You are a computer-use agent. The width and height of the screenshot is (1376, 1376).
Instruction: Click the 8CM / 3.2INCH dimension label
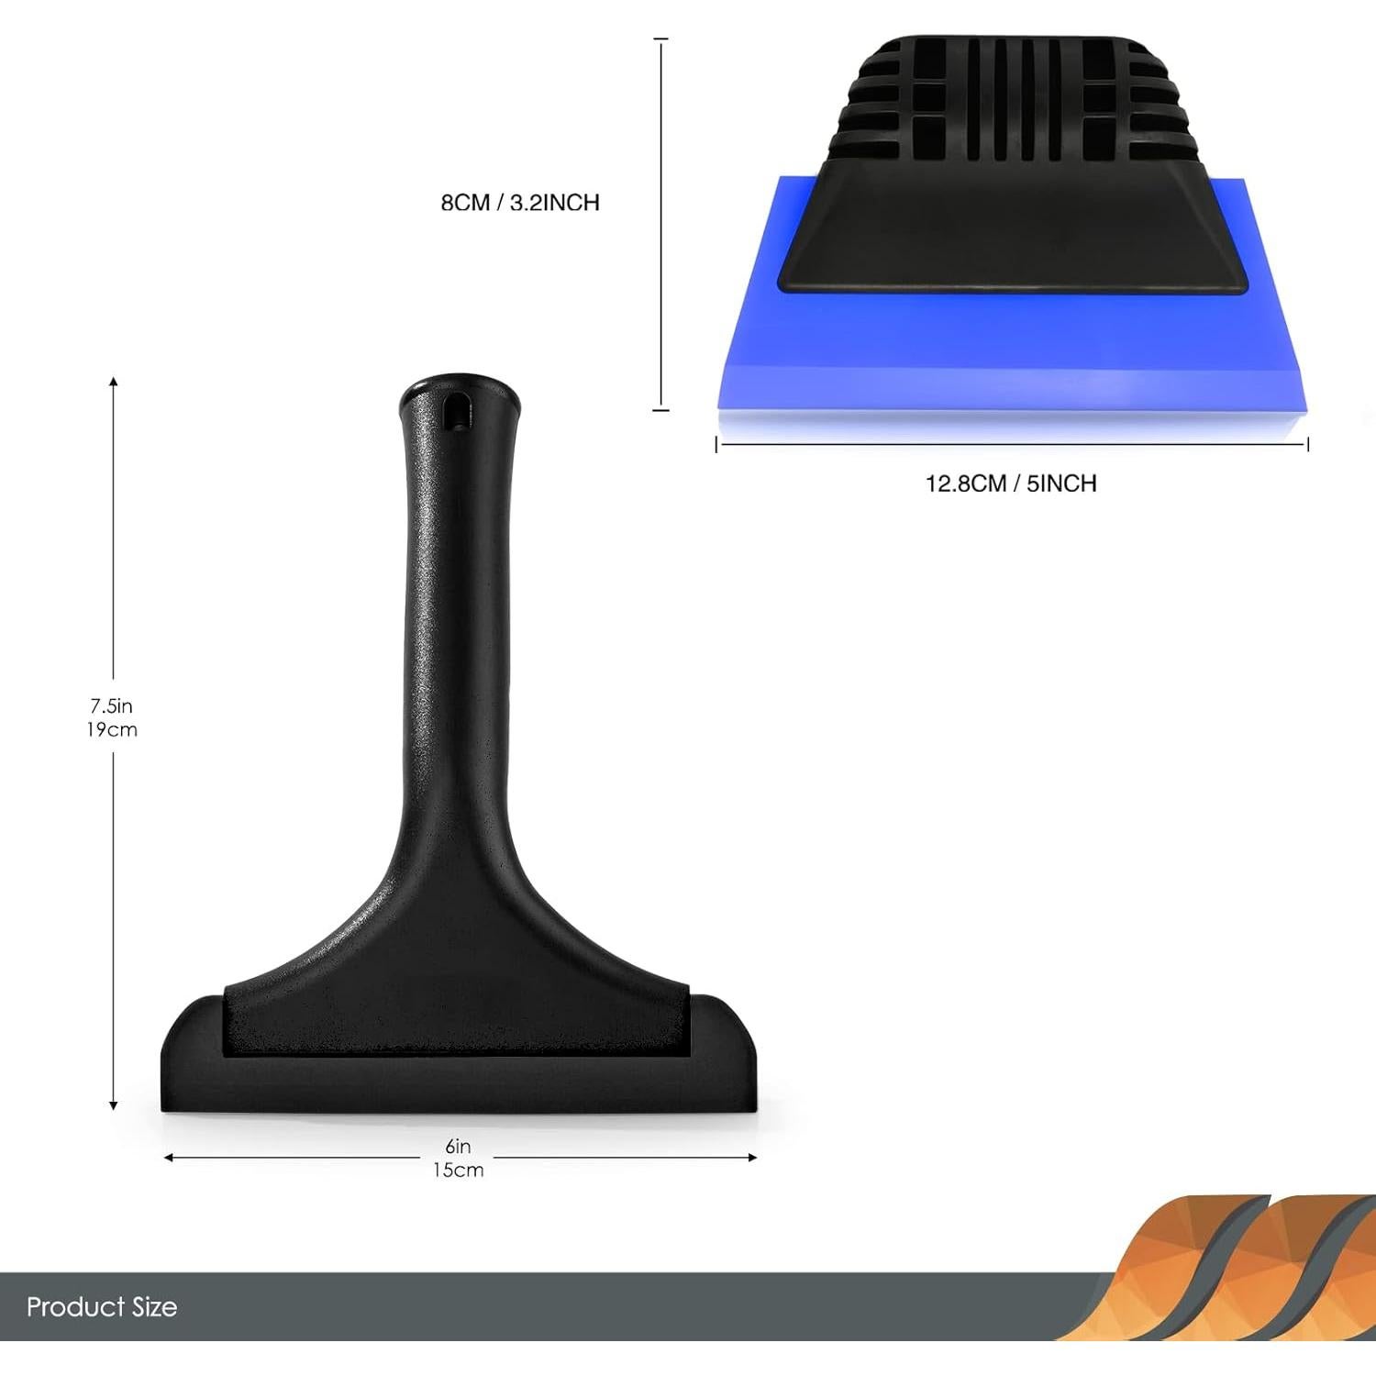(520, 203)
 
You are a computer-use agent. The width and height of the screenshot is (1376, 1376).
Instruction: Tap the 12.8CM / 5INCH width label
(1011, 483)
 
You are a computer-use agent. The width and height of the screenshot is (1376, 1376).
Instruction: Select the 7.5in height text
(112, 705)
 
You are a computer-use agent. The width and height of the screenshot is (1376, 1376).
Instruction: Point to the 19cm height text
(112, 730)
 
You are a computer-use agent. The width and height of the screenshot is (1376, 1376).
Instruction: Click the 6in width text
(458, 1146)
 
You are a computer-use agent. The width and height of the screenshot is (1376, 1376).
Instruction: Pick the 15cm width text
(458, 1170)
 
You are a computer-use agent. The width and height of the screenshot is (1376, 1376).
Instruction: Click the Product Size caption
(102, 1306)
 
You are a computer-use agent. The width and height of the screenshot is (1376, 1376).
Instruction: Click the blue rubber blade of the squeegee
(1009, 358)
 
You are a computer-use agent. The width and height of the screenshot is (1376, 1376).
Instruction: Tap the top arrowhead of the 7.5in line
(114, 381)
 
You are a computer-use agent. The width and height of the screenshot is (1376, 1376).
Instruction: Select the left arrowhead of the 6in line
(168, 1158)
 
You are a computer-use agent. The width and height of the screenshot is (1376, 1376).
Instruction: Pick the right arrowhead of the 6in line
(752, 1158)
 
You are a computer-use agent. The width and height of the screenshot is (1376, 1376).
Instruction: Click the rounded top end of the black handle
(459, 385)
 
